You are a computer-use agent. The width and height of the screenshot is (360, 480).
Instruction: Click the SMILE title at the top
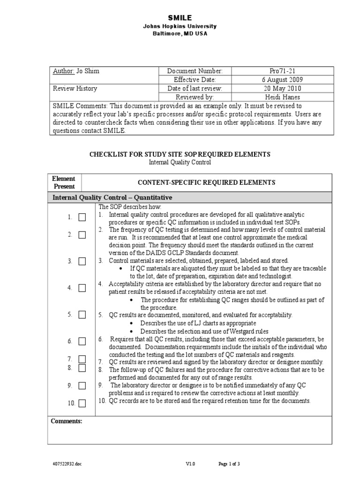pos(180,18)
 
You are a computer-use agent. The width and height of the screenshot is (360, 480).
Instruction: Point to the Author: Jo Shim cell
pos(76,71)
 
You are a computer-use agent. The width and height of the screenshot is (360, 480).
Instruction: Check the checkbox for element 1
pos(82,217)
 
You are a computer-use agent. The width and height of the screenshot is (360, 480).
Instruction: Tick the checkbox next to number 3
pos(82,262)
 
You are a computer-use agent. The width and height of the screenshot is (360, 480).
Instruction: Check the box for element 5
pos(82,315)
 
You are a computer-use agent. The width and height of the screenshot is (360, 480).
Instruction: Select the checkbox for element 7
pos(82,359)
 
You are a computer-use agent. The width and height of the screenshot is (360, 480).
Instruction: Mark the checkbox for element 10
pos(82,403)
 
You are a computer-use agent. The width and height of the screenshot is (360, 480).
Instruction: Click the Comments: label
pos(67,421)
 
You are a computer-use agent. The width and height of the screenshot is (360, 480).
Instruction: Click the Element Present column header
pos(64,183)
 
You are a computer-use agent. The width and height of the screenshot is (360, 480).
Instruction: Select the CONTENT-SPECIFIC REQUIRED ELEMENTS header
pos(206,183)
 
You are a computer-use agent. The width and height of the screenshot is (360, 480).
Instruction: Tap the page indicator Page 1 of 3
pos(230,464)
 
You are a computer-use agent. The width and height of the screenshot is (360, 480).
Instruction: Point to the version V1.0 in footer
pos(190,464)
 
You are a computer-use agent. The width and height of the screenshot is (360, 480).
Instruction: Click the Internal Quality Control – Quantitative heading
pos(112,197)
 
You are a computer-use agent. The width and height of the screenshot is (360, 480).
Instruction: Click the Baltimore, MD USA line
pos(180,34)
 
